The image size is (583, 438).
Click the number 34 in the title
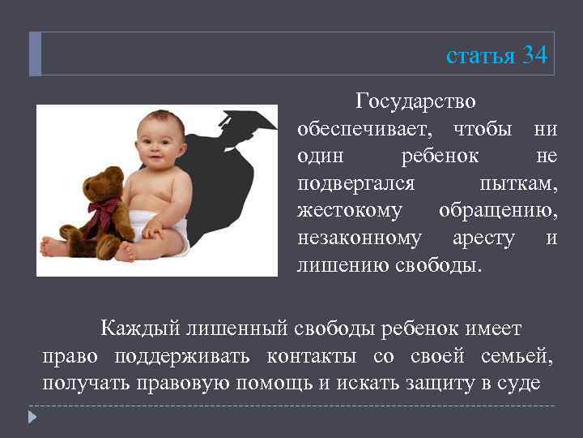534,55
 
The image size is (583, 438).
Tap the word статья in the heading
480,56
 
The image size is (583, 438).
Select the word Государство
415,102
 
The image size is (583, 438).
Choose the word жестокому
349,210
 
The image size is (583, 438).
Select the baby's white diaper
167,230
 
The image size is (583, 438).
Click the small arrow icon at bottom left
32,417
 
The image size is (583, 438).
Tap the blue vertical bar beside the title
35,54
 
